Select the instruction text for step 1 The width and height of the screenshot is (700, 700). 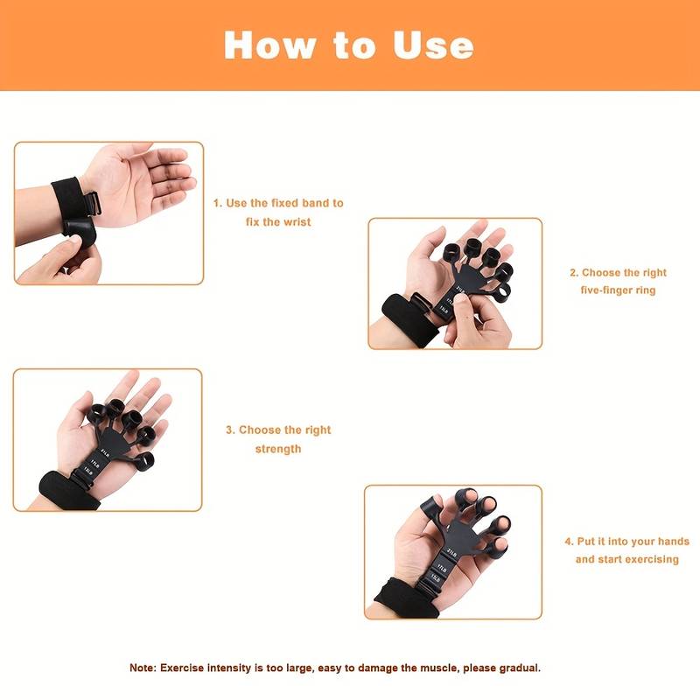point(278,213)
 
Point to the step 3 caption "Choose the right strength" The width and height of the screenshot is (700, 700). point(278,439)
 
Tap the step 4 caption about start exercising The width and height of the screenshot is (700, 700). point(626,550)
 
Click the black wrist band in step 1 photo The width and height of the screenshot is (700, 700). point(66,202)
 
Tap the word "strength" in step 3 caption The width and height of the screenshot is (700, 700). point(278,449)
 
